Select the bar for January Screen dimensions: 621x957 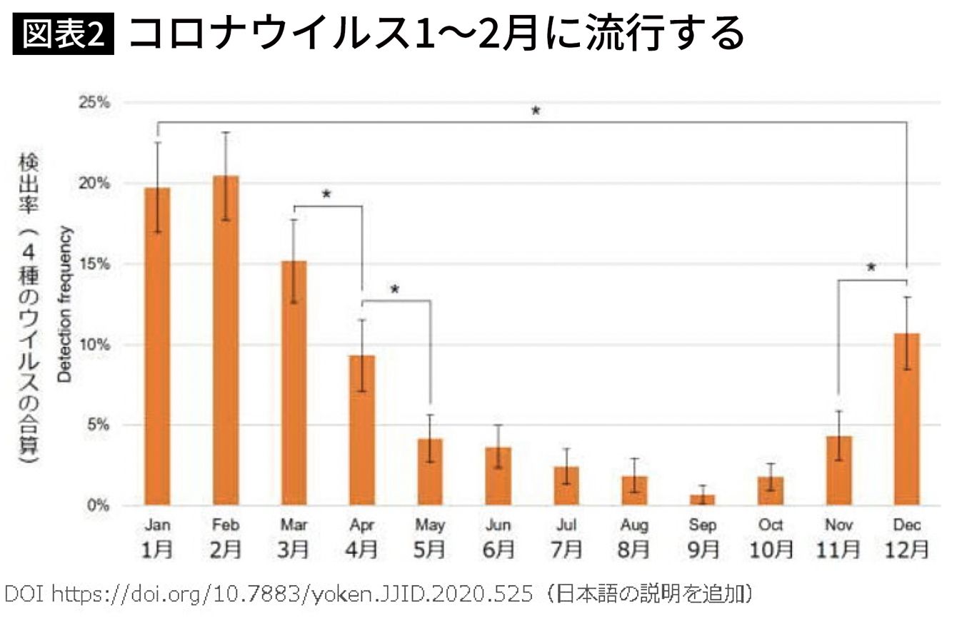click(x=157, y=346)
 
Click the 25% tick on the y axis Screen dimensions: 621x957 click(x=95, y=103)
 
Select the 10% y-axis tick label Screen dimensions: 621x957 click(x=95, y=345)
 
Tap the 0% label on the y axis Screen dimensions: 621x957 click(x=99, y=505)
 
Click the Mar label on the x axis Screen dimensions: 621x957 click(x=294, y=526)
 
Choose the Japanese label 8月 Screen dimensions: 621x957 click(x=634, y=550)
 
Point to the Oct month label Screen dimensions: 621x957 click(x=771, y=526)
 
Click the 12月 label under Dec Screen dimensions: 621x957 click(x=907, y=550)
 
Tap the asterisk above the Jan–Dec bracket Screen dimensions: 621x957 click(x=535, y=111)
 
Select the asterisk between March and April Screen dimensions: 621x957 click(x=327, y=194)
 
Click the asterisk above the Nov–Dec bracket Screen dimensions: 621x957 click(x=871, y=268)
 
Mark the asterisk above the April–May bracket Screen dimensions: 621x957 click(x=395, y=290)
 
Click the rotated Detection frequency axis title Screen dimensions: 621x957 click(x=65, y=304)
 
